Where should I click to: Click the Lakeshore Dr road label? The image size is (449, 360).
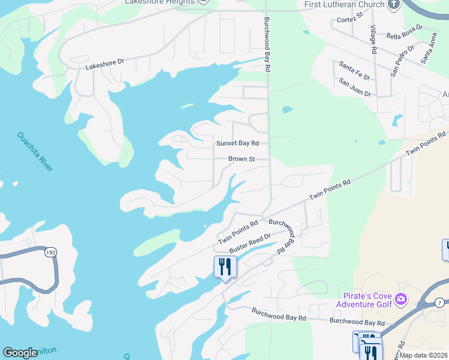[104, 64]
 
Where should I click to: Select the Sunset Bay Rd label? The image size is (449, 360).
[237, 143]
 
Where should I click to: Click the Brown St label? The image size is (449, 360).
[242, 159]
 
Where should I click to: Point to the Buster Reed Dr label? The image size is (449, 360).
[250, 242]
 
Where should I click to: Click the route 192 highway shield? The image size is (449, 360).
[50, 253]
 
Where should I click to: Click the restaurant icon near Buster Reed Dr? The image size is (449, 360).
[225, 266]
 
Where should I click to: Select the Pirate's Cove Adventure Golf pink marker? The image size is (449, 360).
[401, 298]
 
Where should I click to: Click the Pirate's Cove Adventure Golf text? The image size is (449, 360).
[364, 301]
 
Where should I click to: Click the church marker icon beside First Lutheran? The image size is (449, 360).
[394, 5]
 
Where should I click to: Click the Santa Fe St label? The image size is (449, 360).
[354, 70]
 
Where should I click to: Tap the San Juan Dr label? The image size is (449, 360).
[355, 87]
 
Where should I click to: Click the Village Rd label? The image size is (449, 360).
[373, 40]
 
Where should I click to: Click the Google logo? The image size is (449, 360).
[20, 353]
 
